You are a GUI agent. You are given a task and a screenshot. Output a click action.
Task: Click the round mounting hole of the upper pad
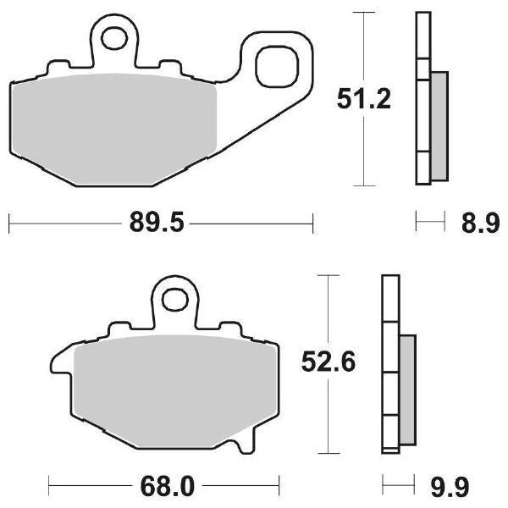(x=114, y=37)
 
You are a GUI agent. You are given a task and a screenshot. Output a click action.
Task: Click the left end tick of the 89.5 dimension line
(x=8, y=224)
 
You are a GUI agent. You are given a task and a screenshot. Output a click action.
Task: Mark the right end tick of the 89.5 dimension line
(x=313, y=224)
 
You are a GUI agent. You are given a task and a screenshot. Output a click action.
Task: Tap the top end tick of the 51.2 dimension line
(x=363, y=14)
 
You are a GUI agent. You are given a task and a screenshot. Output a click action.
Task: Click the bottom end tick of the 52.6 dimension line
(x=328, y=452)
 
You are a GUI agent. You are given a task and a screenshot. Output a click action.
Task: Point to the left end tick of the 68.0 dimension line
(x=49, y=487)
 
